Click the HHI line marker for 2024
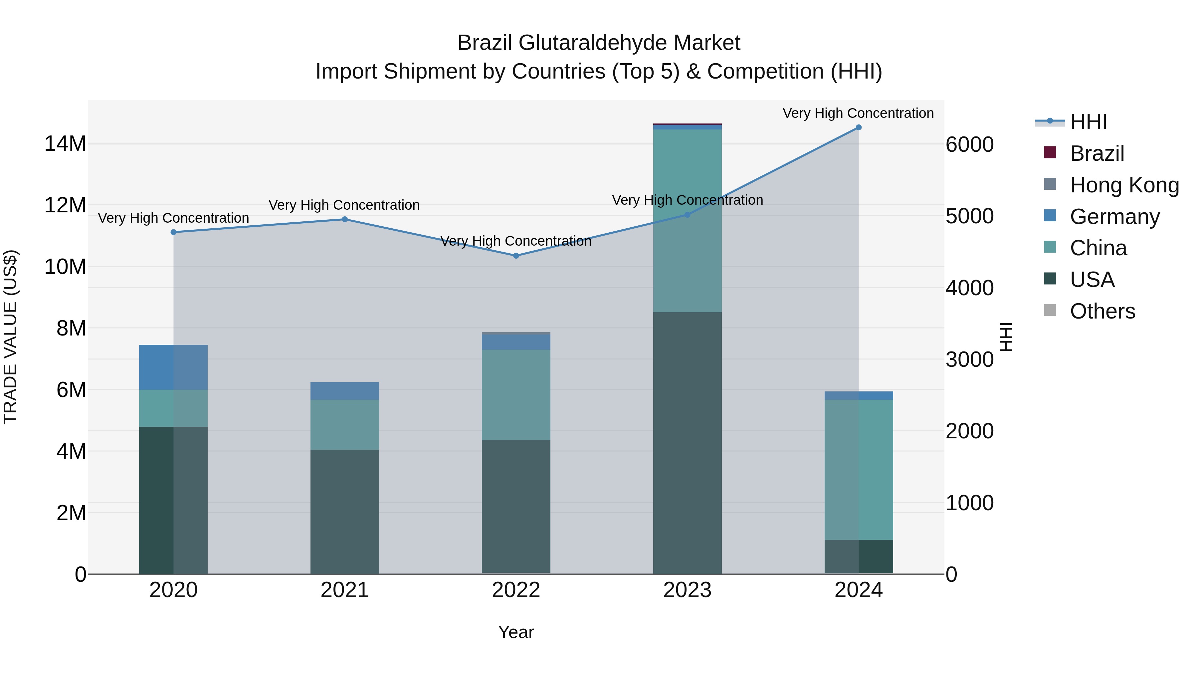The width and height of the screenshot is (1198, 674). [x=859, y=127]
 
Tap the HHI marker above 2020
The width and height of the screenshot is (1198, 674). [x=173, y=232]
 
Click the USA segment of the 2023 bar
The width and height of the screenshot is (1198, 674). [x=688, y=442]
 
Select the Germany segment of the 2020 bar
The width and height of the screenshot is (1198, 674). [x=173, y=367]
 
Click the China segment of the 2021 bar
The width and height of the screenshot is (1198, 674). [x=345, y=424]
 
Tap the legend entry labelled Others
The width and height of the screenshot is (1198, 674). [x=1102, y=311]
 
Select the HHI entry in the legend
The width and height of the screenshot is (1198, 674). [x=1088, y=122]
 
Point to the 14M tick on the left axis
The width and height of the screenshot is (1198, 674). [x=65, y=144]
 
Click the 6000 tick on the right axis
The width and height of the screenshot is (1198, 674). [x=970, y=145]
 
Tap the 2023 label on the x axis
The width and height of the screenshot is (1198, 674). [x=688, y=590]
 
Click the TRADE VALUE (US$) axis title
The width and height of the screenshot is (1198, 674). [x=10, y=337]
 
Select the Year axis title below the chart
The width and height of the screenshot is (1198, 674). [x=516, y=632]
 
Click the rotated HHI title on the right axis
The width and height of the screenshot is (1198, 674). [x=1006, y=337]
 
